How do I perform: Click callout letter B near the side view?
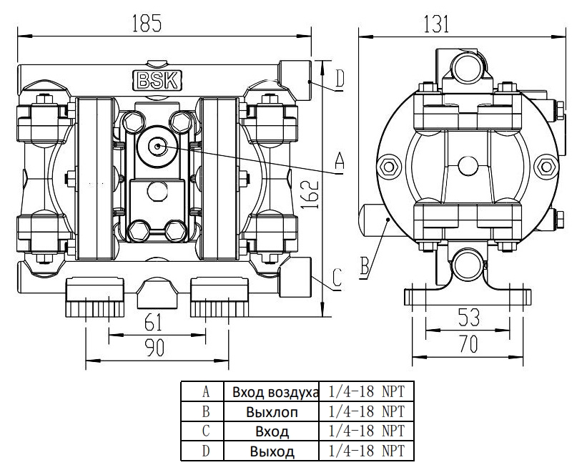tap(365, 268)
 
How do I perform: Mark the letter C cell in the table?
tap(205, 431)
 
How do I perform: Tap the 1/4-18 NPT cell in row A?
tap(366, 392)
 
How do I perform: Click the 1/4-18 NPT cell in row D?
tap(366, 451)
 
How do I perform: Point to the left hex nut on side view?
tap(390, 167)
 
